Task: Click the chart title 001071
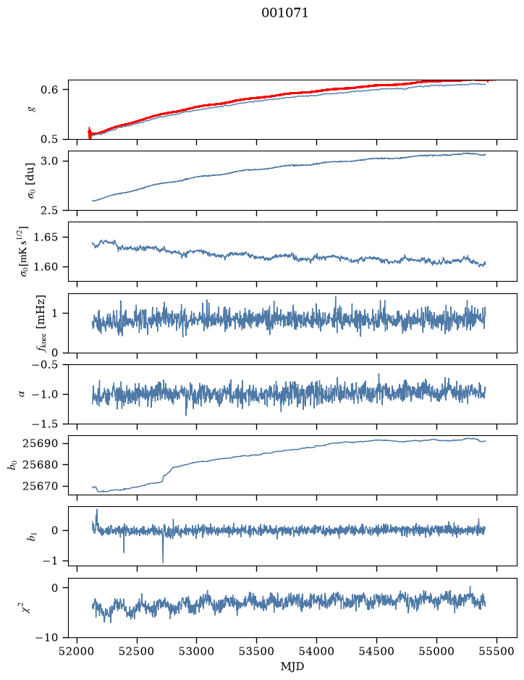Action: tap(284, 13)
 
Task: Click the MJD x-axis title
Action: tap(292, 666)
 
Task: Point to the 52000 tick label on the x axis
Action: tap(77, 651)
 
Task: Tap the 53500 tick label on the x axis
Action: tap(257, 651)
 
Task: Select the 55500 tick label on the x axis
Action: tap(496, 651)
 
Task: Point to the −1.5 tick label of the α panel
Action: tap(48, 424)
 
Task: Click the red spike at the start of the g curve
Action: tap(89, 133)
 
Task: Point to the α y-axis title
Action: tap(22, 394)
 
